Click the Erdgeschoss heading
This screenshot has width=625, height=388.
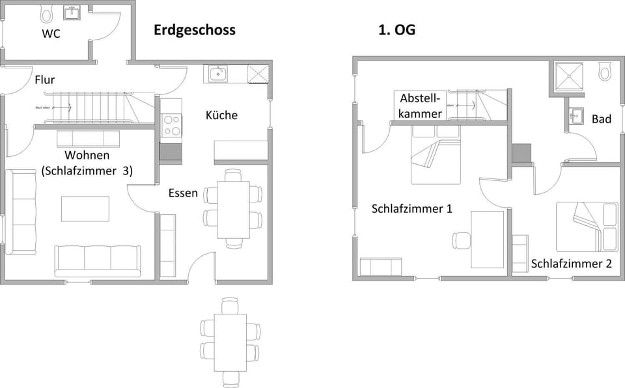pyautogui.click(x=194, y=30)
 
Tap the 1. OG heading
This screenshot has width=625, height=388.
pyautogui.click(x=396, y=30)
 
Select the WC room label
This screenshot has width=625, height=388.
pyautogui.click(x=51, y=34)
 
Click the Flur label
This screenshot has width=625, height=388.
pyautogui.click(x=44, y=80)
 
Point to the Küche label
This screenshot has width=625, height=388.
pyautogui.click(x=221, y=115)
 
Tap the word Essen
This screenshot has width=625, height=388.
pyautogui.click(x=183, y=193)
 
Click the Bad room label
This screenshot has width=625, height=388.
pyautogui.click(x=601, y=119)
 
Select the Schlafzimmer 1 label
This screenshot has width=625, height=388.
pyautogui.click(x=411, y=209)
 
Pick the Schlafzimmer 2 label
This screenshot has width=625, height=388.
pyautogui.click(x=571, y=264)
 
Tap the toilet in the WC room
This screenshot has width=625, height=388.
pyautogui.click(x=46, y=13)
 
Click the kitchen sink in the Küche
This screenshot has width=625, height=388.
pyautogui.click(x=218, y=74)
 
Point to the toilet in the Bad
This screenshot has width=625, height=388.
pyautogui.click(x=605, y=72)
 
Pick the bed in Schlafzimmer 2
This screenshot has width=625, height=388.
pyautogui.click(x=586, y=227)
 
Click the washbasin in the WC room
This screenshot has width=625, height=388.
pyautogui.click(x=72, y=13)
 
